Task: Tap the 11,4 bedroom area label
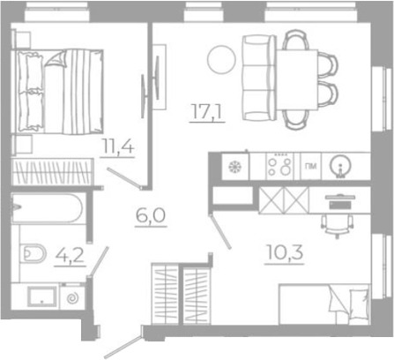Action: (116, 146)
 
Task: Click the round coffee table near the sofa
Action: (219, 59)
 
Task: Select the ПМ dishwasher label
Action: (310, 165)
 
